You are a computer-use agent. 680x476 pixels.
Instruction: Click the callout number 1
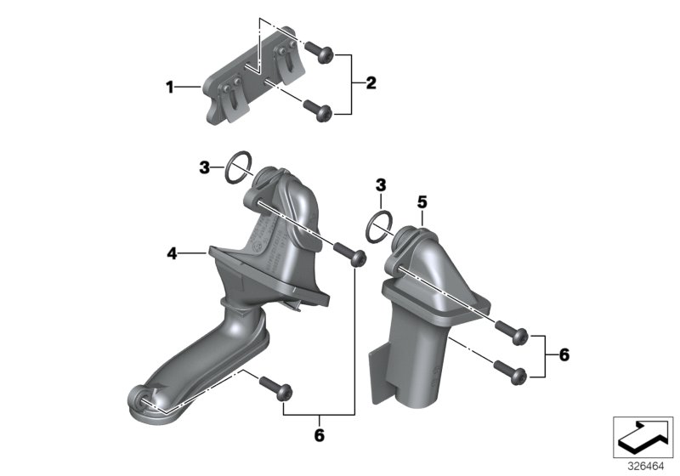tap(170, 86)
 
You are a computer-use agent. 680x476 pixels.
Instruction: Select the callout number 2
tap(371, 83)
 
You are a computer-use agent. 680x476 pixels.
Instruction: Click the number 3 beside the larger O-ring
tap(204, 169)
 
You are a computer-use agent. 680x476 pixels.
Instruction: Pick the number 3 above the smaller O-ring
tap(381, 184)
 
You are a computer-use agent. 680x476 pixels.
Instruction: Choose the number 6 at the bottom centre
tap(320, 435)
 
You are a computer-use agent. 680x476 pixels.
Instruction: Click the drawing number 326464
tap(645, 466)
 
